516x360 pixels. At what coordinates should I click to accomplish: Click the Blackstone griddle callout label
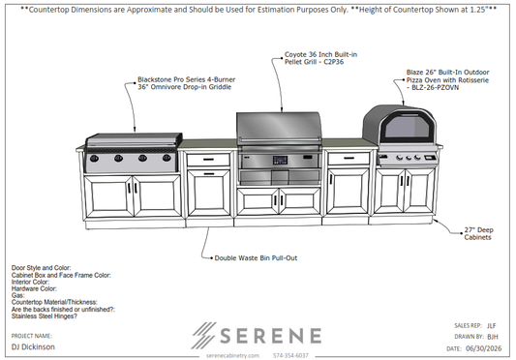186,83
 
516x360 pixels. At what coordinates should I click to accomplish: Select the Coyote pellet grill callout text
320,58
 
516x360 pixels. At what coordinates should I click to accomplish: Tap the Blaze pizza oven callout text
447,79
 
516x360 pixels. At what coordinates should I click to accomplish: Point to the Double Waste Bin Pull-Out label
256,258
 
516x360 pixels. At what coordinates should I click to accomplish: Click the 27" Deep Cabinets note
479,233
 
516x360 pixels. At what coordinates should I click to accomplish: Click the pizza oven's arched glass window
408,127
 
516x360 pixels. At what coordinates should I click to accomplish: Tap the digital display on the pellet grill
280,161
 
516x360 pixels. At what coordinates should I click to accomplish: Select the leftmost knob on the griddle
94,159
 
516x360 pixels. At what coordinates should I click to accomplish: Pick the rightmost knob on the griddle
167,158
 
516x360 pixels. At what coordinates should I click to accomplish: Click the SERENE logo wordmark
270,336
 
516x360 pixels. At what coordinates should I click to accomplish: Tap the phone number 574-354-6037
290,355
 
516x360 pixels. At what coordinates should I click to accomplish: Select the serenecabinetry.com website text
232,355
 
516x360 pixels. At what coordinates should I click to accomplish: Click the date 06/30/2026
484,348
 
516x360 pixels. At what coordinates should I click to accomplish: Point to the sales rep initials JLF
492,326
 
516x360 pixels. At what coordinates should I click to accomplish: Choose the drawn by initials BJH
493,337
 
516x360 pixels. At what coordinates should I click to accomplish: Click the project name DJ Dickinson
33,346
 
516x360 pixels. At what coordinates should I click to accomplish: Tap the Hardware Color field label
34,288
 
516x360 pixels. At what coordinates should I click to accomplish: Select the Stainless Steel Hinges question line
45,316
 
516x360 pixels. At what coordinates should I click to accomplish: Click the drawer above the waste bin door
208,160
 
